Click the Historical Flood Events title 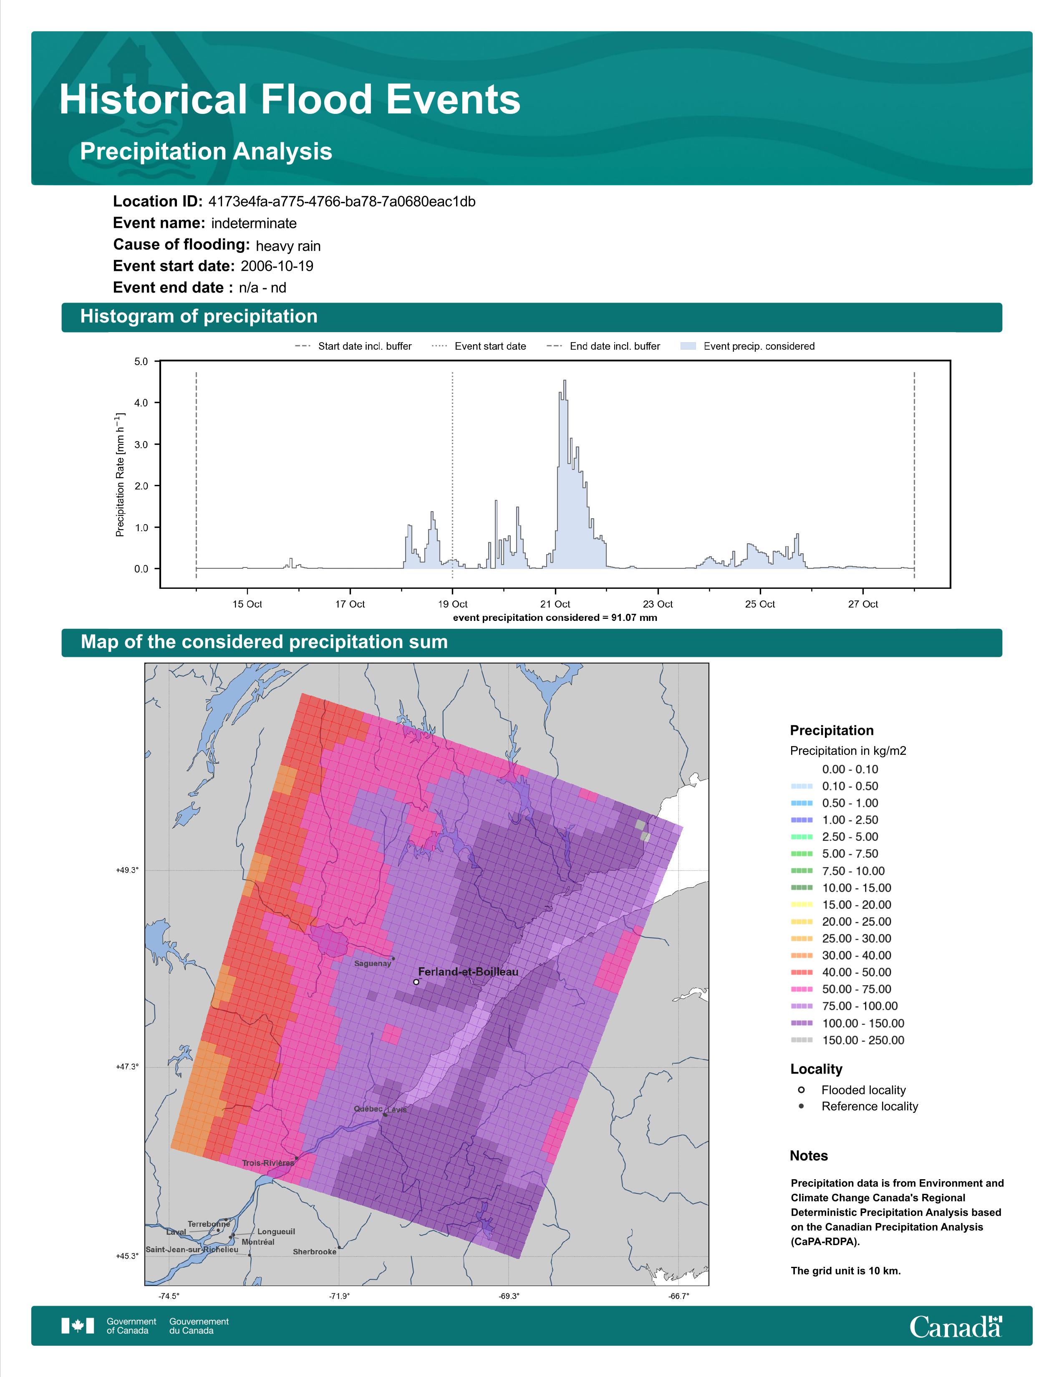pyautogui.click(x=290, y=100)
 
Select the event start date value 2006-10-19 pyautogui.click(x=277, y=266)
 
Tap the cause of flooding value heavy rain pyautogui.click(x=288, y=246)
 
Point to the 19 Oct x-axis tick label pyautogui.click(x=453, y=604)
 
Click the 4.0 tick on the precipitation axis pyautogui.click(x=141, y=403)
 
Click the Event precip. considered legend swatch pyautogui.click(x=688, y=346)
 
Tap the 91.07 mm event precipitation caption pyautogui.click(x=555, y=618)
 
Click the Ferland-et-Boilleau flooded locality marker pyautogui.click(x=416, y=982)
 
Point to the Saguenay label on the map pyautogui.click(x=373, y=963)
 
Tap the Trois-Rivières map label pyautogui.click(x=268, y=1163)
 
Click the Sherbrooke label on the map pyautogui.click(x=315, y=1251)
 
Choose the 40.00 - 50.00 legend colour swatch pyautogui.click(x=802, y=972)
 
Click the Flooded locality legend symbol pyautogui.click(x=801, y=1090)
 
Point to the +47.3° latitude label pyautogui.click(x=127, y=1067)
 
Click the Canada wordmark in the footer pyautogui.click(x=956, y=1327)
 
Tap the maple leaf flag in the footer pyautogui.click(x=78, y=1326)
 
